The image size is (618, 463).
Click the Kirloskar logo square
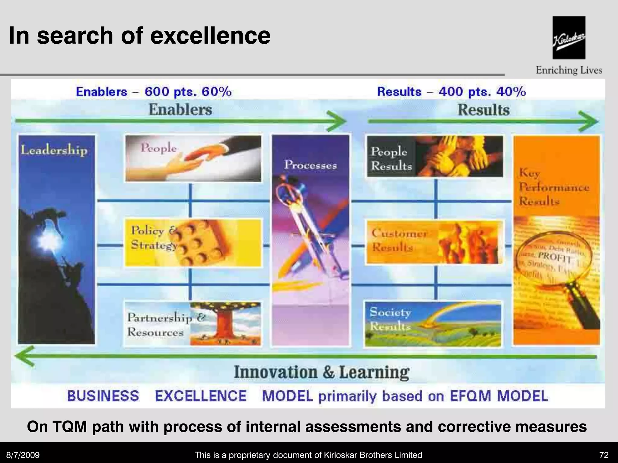click(569, 37)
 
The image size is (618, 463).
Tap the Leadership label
click(54, 150)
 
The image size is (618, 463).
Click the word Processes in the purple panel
click(311, 165)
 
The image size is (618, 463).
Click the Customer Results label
click(399, 240)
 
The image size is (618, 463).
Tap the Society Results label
click(390, 319)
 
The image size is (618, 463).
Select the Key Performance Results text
click(554, 187)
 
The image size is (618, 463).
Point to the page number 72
click(604, 455)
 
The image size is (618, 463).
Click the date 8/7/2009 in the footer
click(23, 455)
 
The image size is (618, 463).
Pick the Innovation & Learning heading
click(322, 372)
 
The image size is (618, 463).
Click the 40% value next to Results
click(511, 92)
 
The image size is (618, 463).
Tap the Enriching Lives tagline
click(569, 70)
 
